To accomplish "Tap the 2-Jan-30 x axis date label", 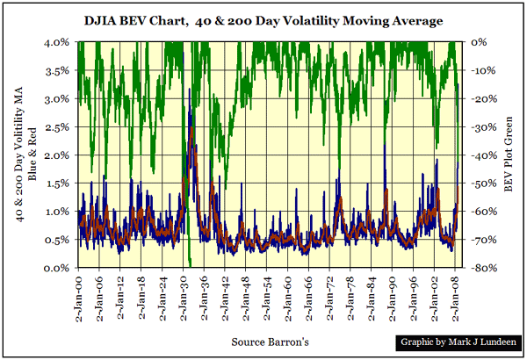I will (x=187, y=299).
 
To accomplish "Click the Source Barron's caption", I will (x=263, y=341).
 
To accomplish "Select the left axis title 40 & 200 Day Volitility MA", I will (x=24, y=155).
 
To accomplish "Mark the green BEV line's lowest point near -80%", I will (x=191, y=263).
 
